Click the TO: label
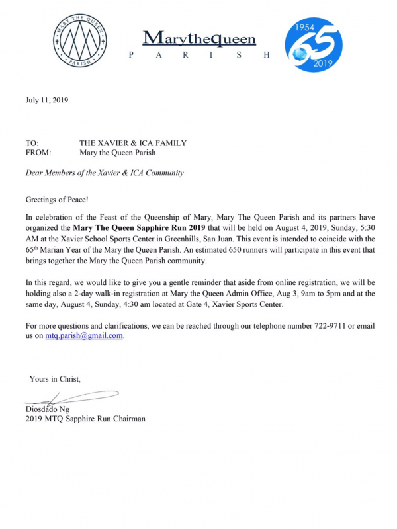(x=32, y=143)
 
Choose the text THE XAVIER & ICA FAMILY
(x=133, y=143)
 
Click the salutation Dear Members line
(x=104, y=173)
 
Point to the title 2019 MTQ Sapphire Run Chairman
(x=85, y=419)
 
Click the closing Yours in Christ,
(x=55, y=379)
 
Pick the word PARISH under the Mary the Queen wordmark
(x=198, y=55)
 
